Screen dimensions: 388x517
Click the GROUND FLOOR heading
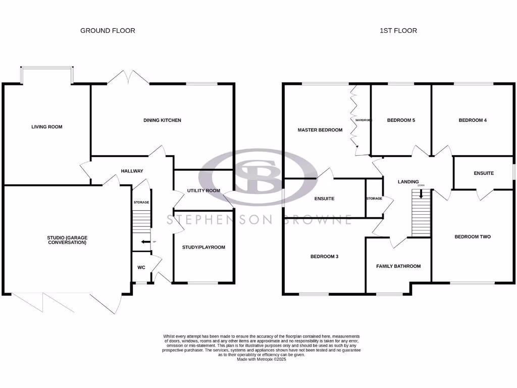pos(108,31)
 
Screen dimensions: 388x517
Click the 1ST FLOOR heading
pos(398,31)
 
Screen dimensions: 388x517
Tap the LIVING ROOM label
pos(47,127)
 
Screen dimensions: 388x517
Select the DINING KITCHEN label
pos(163,120)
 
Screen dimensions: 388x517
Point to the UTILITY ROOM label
pos(203,190)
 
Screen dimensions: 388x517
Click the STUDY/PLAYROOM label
pos(203,247)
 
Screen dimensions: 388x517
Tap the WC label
pos(141,267)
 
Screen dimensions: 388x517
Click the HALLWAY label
pos(132,171)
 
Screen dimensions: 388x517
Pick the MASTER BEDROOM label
pos(320,130)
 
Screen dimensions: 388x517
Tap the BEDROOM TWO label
pos(473,236)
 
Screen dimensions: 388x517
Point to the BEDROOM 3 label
pos(324,257)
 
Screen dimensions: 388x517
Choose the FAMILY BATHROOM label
pos(398,266)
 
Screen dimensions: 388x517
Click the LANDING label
pos(408,182)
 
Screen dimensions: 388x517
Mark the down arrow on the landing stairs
pos(421,193)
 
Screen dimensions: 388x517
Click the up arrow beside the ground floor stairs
pos(145,242)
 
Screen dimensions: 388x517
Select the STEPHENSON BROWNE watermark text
pos(260,220)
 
